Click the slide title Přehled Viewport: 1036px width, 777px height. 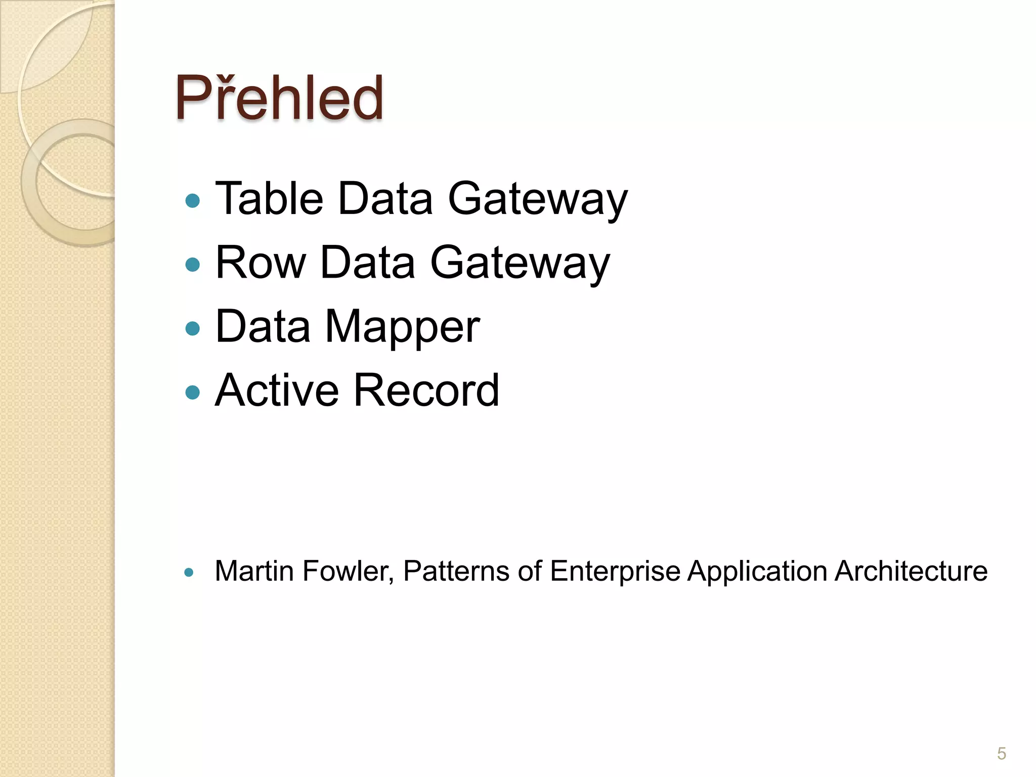[279, 98]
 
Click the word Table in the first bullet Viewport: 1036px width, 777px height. [270, 198]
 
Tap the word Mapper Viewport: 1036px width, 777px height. [402, 327]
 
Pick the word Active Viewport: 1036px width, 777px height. [277, 390]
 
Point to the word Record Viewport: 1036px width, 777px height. [426, 390]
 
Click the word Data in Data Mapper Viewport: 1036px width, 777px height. [263, 326]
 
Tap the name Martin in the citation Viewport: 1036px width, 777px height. [254, 571]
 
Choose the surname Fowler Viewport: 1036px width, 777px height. [348, 572]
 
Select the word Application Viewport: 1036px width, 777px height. [757, 572]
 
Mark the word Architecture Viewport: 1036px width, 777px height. [911, 571]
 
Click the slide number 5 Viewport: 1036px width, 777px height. [1001, 754]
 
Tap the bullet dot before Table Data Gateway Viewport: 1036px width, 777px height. [193, 201]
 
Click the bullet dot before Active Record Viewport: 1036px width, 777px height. [193, 392]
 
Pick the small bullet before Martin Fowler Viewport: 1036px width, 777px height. [189, 573]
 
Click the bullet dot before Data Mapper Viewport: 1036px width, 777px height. [193, 328]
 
